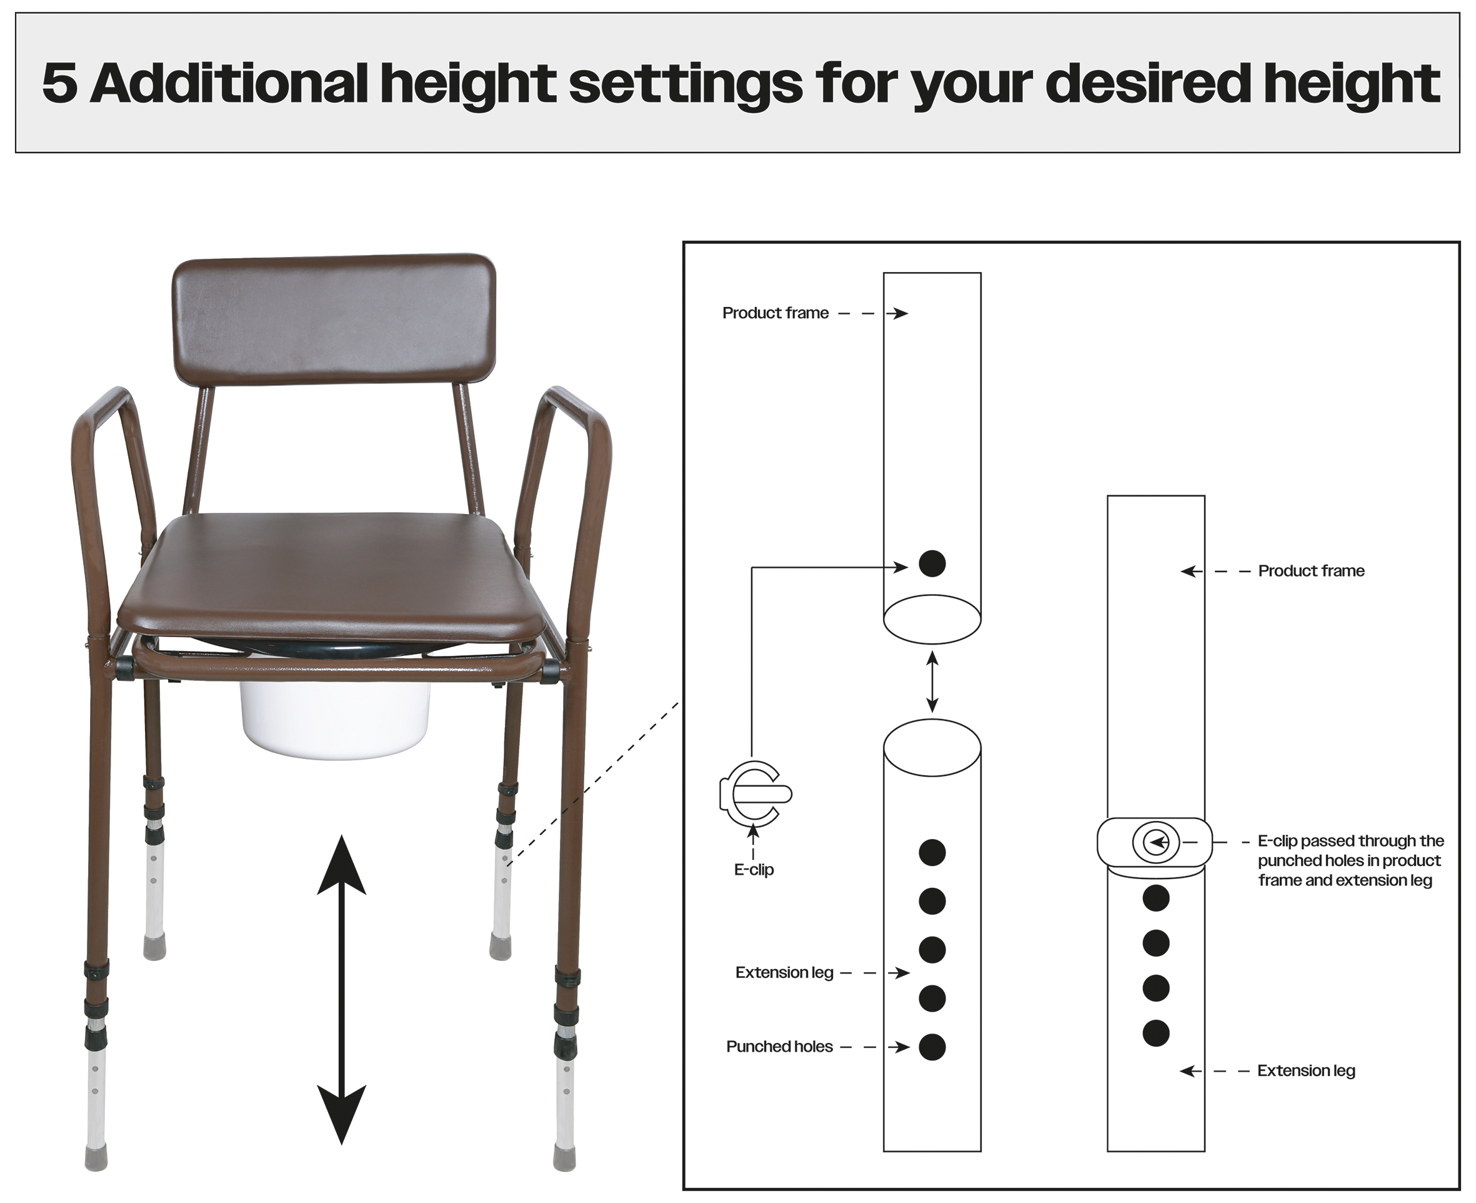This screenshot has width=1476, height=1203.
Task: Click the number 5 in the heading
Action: pyautogui.click(x=59, y=84)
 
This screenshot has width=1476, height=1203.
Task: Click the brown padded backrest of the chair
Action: pyautogui.click(x=334, y=319)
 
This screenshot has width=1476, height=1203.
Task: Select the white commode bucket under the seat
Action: pyautogui.click(x=335, y=721)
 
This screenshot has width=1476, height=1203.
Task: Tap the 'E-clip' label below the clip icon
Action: pyautogui.click(x=754, y=870)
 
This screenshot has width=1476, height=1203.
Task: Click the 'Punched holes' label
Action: pyautogui.click(x=779, y=1047)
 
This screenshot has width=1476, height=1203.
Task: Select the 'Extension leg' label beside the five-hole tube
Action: pyautogui.click(x=784, y=973)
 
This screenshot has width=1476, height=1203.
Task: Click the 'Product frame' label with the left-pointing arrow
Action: pyautogui.click(x=1311, y=571)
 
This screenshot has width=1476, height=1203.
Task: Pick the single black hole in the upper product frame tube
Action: pyautogui.click(x=932, y=563)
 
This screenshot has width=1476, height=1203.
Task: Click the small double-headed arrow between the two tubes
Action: pyautogui.click(x=932, y=682)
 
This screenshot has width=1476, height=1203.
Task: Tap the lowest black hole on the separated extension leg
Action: pyautogui.click(x=932, y=1047)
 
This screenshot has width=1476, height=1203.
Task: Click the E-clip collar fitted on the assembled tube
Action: pyautogui.click(x=1155, y=843)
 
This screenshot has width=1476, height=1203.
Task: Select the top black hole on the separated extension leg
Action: pyautogui.click(x=932, y=852)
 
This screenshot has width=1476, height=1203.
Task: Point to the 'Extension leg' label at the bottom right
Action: pyautogui.click(x=1306, y=1070)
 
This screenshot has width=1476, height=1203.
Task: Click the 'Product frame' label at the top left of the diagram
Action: pyautogui.click(x=775, y=313)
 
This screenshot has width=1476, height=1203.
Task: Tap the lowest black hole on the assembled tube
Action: pyautogui.click(x=1156, y=1033)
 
